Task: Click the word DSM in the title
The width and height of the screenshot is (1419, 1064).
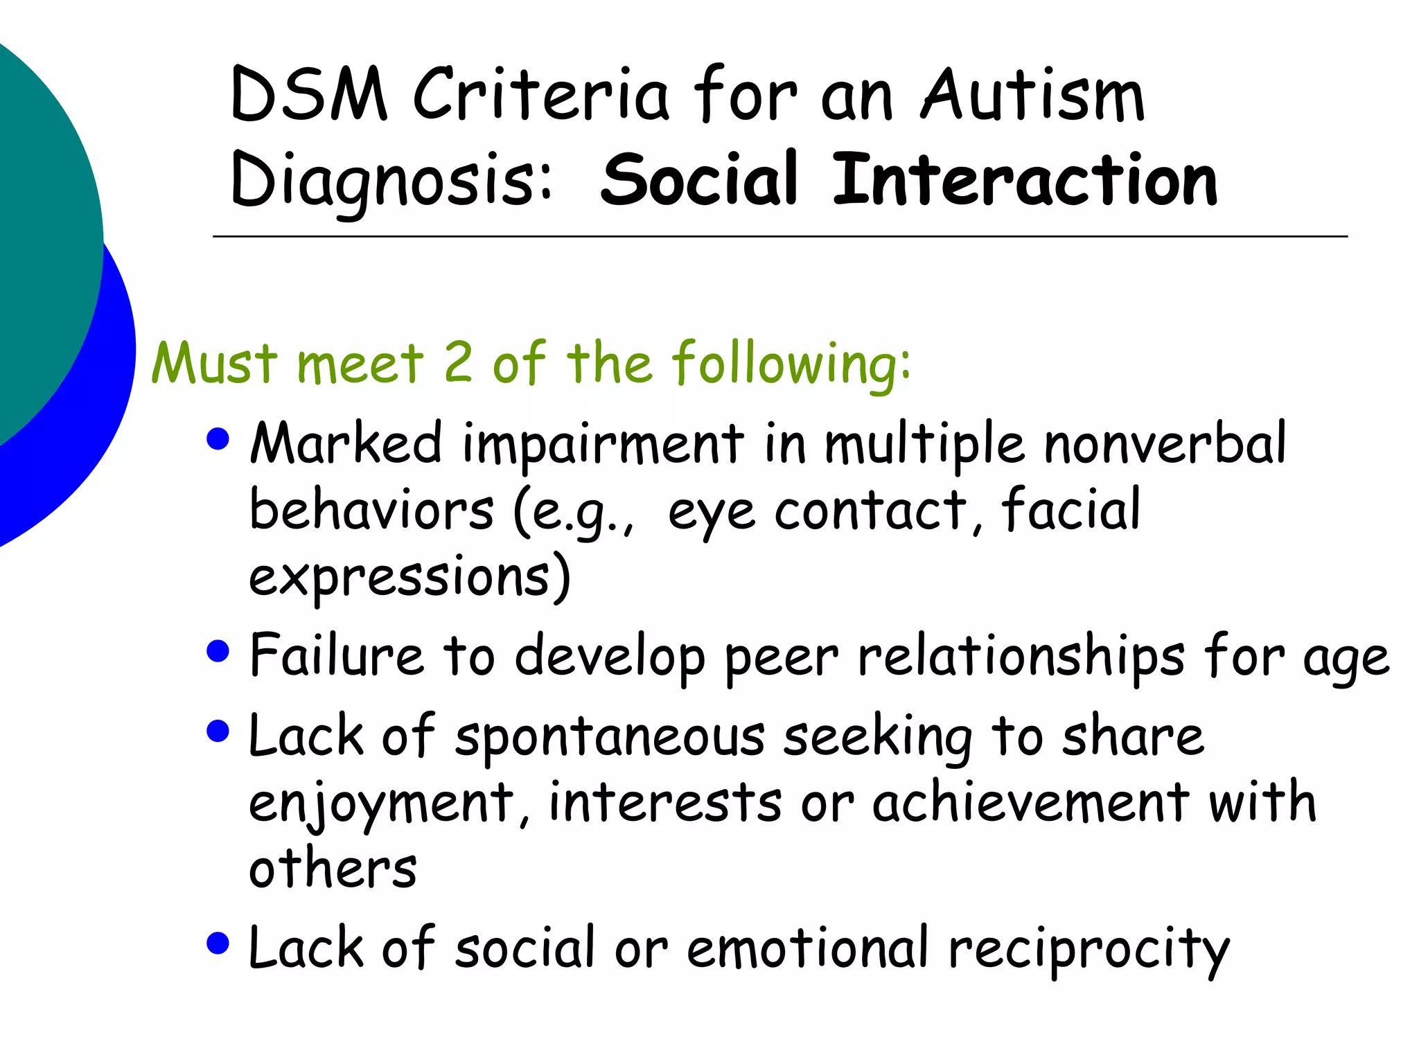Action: pyautogui.click(x=308, y=95)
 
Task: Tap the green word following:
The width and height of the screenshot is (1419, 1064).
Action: pyautogui.click(x=791, y=364)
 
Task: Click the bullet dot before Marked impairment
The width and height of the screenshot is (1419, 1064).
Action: pyautogui.click(x=218, y=439)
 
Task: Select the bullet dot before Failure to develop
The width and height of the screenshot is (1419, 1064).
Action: pyautogui.click(x=218, y=651)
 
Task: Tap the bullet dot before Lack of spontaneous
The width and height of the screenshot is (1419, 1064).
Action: pyautogui.click(x=218, y=731)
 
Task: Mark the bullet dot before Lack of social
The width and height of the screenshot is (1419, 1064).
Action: pyautogui.click(x=218, y=943)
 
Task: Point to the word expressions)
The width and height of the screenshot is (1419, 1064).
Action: pyautogui.click(x=409, y=577)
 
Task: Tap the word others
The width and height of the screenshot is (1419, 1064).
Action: pyautogui.click(x=333, y=868)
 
